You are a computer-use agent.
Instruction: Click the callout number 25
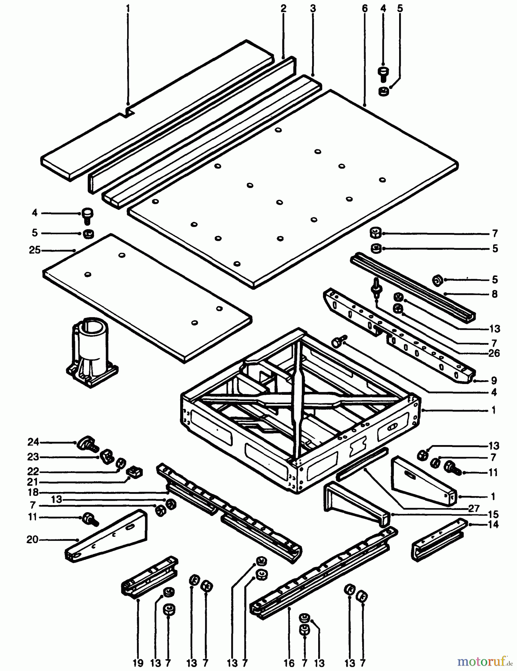click(x=34, y=250)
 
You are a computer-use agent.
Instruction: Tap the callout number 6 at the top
click(x=364, y=8)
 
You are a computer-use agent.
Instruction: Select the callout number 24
click(x=33, y=442)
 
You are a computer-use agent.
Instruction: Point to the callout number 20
click(x=32, y=539)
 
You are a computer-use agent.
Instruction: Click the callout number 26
click(x=493, y=353)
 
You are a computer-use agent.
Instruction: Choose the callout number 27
click(x=473, y=508)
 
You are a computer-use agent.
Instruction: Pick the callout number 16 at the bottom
click(x=289, y=663)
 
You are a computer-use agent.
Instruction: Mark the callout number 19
click(x=138, y=663)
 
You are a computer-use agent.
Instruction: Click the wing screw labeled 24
click(x=87, y=444)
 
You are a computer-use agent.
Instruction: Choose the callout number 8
click(x=494, y=294)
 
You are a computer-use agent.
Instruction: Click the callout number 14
click(x=493, y=525)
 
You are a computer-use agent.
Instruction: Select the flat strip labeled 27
click(x=362, y=464)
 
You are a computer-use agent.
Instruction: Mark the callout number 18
click(x=33, y=492)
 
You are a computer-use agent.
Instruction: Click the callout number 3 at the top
click(x=313, y=8)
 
